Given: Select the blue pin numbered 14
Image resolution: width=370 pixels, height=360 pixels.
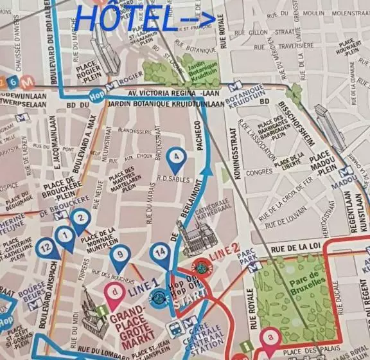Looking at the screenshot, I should [161, 253].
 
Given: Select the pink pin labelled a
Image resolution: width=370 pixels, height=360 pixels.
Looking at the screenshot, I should [270, 336].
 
